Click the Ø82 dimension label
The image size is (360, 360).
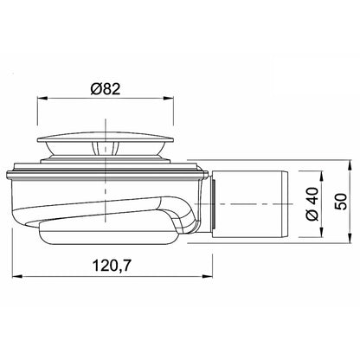(x=105, y=89)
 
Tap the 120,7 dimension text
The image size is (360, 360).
(x=112, y=266)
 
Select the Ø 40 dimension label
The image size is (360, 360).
(x=312, y=204)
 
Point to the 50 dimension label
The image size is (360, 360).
(x=341, y=202)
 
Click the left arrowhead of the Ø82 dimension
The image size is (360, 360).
(x=42, y=99)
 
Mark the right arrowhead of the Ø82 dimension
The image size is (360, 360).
(x=169, y=99)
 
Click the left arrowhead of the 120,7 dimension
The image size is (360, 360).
(x=17, y=276)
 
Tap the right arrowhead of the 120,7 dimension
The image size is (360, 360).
(x=208, y=276)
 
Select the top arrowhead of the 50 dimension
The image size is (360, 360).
(x=350, y=164)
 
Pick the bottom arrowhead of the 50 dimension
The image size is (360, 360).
(x=350, y=238)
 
